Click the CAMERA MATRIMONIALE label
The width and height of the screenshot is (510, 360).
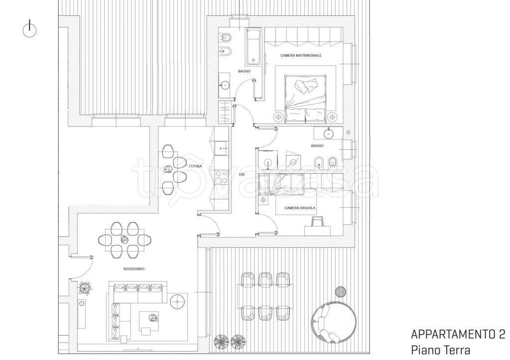click(x=301, y=56)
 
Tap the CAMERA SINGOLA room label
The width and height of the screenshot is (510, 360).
click(x=299, y=208)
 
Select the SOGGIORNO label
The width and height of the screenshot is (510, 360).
click(x=133, y=269)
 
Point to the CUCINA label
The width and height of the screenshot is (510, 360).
click(x=195, y=166)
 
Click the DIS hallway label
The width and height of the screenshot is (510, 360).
click(x=242, y=175)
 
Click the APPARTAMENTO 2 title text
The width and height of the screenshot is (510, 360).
click(x=458, y=334)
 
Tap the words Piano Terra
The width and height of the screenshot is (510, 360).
click(x=440, y=350)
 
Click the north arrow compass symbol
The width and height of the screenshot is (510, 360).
click(x=29, y=29)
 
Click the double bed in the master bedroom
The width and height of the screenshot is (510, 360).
click(x=305, y=99)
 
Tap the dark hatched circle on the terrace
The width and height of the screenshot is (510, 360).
click(x=341, y=292)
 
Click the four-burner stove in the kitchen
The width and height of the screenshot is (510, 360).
click(x=222, y=177)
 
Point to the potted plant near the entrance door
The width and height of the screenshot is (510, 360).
click(x=86, y=288)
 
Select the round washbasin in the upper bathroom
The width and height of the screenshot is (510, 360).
click(x=224, y=86)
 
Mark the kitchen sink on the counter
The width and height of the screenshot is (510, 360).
click(x=222, y=148)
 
